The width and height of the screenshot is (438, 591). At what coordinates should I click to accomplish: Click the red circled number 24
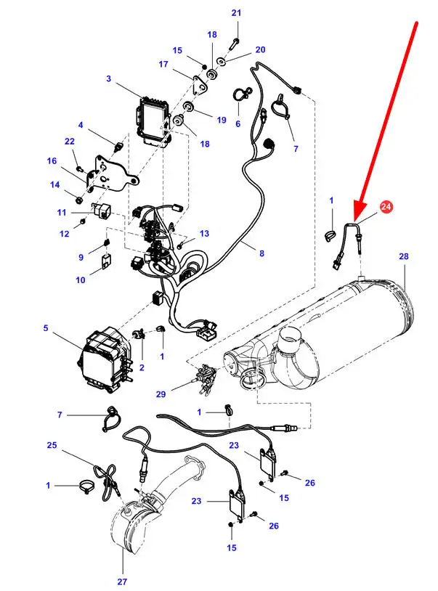click(386, 206)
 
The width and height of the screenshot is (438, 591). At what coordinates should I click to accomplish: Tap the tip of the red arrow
click(354, 220)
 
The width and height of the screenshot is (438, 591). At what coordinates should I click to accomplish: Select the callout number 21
click(236, 13)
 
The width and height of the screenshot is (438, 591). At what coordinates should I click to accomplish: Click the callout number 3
click(108, 78)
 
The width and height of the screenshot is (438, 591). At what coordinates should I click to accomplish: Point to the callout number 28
click(404, 256)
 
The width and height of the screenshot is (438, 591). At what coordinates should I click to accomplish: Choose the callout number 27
click(122, 582)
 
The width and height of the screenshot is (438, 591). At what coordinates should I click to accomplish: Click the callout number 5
click(46, 328)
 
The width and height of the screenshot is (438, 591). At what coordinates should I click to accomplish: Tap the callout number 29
click(161, 394)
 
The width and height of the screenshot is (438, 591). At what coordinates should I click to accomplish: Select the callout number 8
click(261, 253)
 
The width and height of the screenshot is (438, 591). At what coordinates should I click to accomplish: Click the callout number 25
click(52, 445)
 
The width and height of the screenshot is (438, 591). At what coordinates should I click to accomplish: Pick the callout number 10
click(81, 280)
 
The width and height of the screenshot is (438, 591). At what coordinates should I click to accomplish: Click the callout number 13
click(204, 234)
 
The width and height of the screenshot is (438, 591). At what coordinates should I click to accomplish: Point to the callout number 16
click(52, 161)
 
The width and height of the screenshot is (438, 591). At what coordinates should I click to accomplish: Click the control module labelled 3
click(155, 121)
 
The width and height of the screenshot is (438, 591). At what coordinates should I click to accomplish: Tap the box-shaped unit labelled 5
click(105, 359)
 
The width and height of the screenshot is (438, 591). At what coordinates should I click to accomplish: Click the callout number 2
click(142, 367)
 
